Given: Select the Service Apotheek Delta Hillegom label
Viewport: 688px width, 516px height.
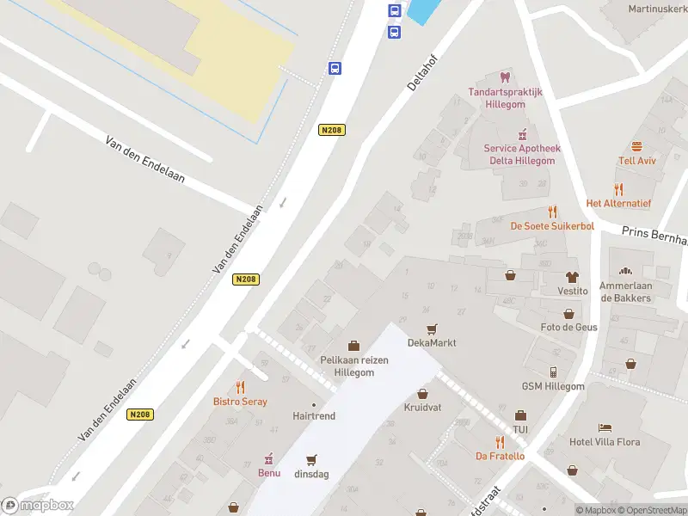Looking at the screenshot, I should coord(522,154).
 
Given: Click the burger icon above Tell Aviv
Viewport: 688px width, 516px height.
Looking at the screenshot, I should coord(637,146).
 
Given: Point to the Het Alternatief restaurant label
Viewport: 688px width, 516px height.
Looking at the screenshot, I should coord(618,203).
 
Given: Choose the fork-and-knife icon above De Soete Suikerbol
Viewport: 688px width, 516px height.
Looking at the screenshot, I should coord(552,212).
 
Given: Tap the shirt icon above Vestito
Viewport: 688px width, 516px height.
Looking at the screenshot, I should coord(573,277).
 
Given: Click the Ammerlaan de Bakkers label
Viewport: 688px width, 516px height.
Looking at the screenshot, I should coord(625,292).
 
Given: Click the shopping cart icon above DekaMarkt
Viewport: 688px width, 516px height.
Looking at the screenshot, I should coord(432,329).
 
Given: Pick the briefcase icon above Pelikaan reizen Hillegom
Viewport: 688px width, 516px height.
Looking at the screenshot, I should coord(353,346).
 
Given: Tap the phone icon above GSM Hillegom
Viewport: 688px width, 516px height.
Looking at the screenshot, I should coord(553,372).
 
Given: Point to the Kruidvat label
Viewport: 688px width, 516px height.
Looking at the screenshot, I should coord(422,407).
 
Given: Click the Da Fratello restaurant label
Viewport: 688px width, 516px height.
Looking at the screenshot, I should coord(500,456).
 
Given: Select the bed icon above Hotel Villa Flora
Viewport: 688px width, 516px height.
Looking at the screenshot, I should coord(605,427).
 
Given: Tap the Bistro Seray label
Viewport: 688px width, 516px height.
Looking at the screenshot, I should coord(240,402).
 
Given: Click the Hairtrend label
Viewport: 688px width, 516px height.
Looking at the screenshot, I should coord(314,415).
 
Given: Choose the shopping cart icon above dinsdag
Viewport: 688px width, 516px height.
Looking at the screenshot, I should coord(311,459).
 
